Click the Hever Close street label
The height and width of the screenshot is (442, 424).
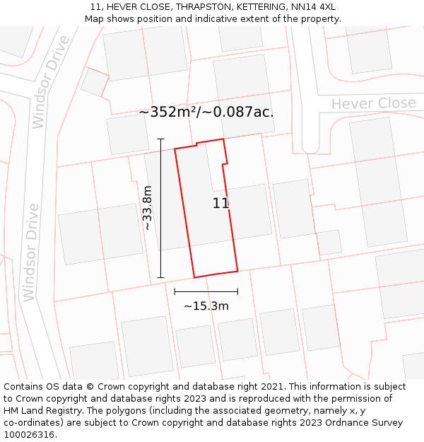pyautogui.click(x=373, y=104)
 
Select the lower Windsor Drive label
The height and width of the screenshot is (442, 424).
pyautogui.click(x=31, y=252)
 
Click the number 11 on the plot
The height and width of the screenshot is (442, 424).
pyautogui.click(x=220, y=204)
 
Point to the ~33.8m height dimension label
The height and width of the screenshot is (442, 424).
pyautogui.click(x=147, y=208)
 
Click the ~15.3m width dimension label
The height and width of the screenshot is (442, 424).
pyautogui.click(x=206, y=306)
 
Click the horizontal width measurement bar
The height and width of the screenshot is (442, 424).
pyautogui.click(x=206, y=291)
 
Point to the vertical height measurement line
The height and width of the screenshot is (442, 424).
pyautogui.click(x=161, y=208)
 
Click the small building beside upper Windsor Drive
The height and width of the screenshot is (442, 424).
pyautogui.click(x=94, y=82)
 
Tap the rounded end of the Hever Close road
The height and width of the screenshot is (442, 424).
pyautogui.click(x=311, y=147)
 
